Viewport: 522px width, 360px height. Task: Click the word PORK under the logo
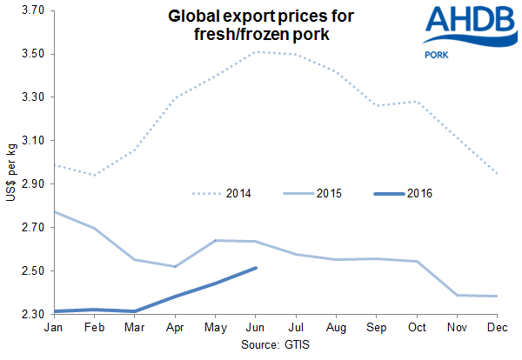click(436, 55)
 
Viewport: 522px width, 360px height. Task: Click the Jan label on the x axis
click(53, 327)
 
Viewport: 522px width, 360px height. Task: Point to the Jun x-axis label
click(255, 327)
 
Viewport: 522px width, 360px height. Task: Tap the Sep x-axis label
click(376, 327)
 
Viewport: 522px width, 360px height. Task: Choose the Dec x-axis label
click(497, 327)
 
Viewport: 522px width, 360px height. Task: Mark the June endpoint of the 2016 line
click(255, 268)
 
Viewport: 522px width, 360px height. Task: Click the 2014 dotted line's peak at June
click(255, 52)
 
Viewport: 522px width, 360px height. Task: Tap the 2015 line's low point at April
click(174, 267)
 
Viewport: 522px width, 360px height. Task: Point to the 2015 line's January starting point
click(53, 211)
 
